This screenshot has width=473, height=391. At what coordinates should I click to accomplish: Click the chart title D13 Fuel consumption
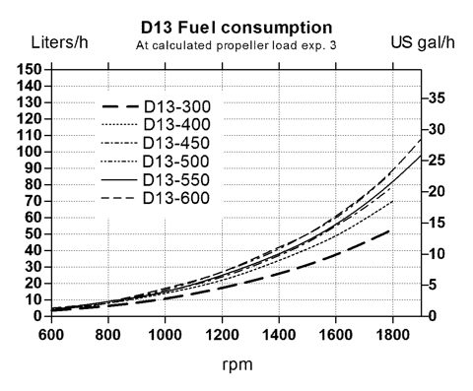click(x=236, y=28)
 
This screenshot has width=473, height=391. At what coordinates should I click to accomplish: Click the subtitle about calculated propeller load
click(x=236, y=45)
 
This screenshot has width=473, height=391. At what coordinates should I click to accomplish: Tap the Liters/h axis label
click(x=59, y=42)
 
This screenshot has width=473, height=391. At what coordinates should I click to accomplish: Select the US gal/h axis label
click(x=423, y=42)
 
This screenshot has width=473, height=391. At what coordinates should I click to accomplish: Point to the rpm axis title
click(x=237, y=365)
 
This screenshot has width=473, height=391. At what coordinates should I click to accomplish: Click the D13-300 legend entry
click(x=156, y=106)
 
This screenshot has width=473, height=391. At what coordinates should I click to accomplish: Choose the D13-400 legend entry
click(x=156, y=124)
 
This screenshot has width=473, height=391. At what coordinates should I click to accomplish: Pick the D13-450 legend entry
click(x=156, y=143)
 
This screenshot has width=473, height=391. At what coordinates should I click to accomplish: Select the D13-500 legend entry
click(x=156, y=162)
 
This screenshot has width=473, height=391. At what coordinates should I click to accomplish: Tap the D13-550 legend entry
click(x=156, y=179)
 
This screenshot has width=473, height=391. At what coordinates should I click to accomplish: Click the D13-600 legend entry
click(x=156, y=198)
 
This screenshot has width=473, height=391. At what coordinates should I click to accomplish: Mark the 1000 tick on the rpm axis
click(x=165, y=335)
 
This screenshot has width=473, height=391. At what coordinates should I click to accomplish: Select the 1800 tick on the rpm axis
click(x=393, y=335)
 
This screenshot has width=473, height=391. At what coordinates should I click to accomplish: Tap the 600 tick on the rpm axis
click(x=51, y=335)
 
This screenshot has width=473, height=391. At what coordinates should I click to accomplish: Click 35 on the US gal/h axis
click(x=438, y=98)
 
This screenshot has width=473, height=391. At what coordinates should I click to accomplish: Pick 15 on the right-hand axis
click(x=438, y=223)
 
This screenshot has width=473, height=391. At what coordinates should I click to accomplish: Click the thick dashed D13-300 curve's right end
click(x=389, y=230)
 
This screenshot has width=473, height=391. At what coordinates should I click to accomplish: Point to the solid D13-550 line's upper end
click(x=421, y=156)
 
